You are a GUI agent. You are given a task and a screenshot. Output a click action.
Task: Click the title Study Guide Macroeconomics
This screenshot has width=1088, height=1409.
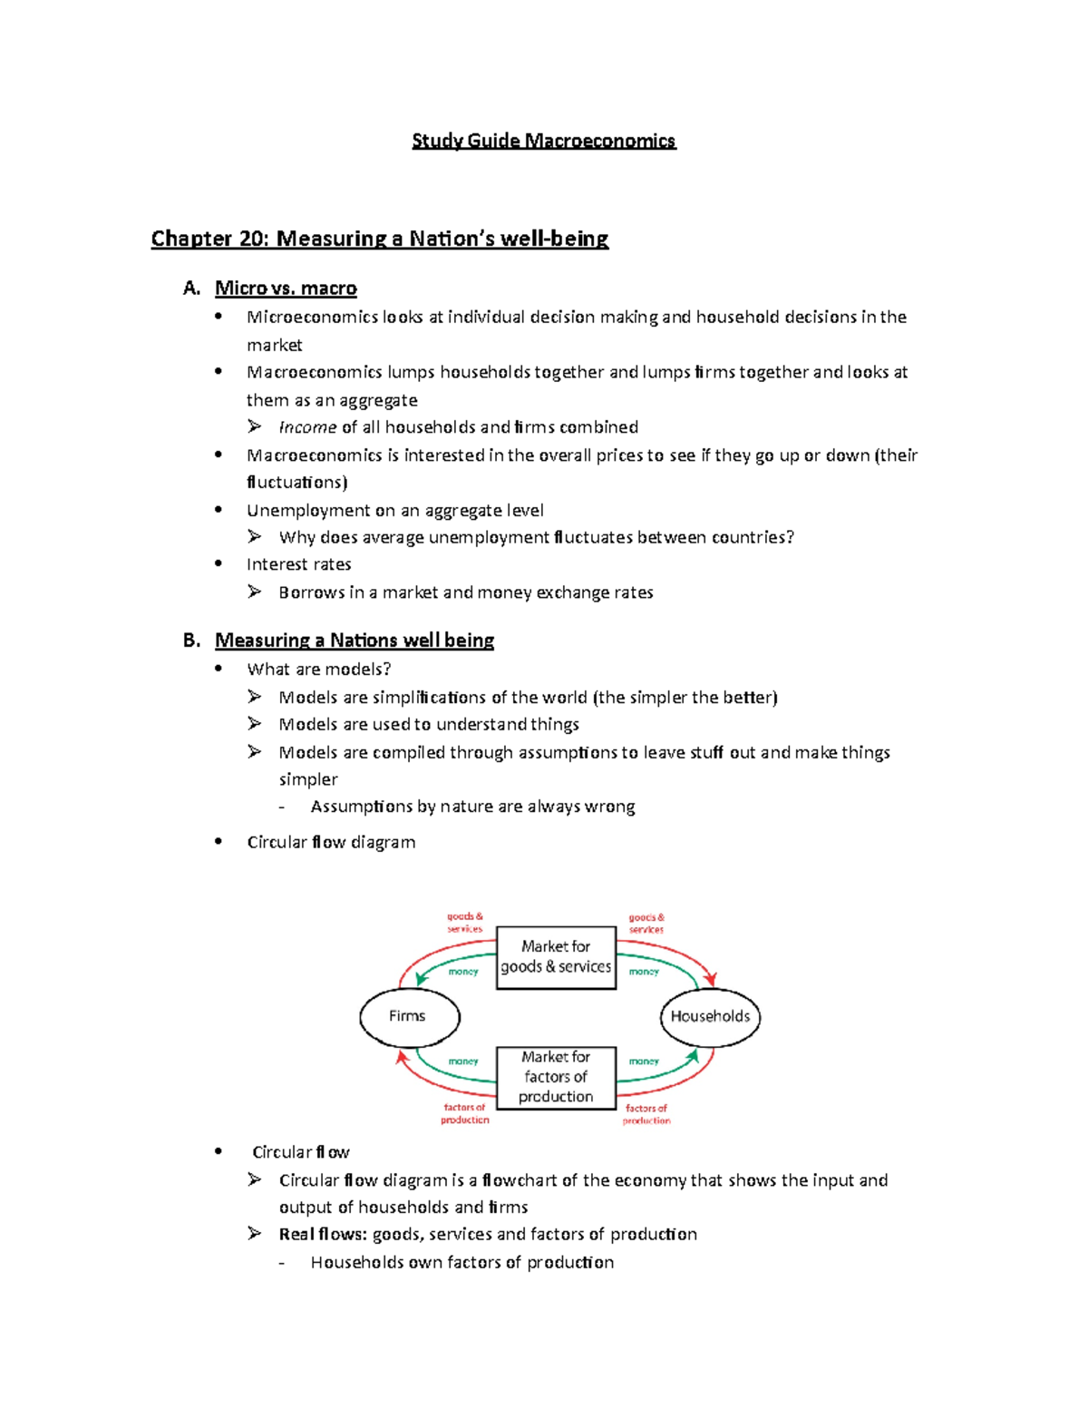tap(543, 141)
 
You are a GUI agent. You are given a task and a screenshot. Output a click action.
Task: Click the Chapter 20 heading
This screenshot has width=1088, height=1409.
tap(379, 239)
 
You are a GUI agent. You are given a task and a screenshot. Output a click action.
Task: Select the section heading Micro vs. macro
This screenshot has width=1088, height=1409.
tap(286, 289)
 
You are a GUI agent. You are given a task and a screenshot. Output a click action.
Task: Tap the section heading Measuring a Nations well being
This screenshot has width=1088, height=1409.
tap(354, 641)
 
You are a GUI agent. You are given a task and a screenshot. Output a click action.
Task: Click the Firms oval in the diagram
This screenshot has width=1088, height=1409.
tap(409, 1016)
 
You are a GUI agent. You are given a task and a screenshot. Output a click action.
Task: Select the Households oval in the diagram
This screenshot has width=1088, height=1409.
tap(710, 1017)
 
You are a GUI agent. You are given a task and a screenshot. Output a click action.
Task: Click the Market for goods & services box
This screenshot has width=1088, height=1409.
tap(556, 957)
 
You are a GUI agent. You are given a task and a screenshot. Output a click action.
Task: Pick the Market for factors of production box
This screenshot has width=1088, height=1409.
tap(556, 1077)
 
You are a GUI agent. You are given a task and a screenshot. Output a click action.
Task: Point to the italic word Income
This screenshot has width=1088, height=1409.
tap(307, 427)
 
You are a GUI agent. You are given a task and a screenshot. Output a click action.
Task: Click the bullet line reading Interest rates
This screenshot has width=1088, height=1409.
tap(298, 564)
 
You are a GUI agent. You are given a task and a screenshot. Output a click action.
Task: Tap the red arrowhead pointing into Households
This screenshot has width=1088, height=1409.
tap(711, 980)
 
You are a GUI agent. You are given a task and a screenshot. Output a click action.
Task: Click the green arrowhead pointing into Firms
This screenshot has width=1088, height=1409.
tap(421, 978)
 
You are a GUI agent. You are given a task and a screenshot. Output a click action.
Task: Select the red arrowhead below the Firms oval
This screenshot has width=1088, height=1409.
tap(402, 1056)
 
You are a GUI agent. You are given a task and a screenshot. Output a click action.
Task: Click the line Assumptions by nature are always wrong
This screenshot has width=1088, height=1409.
tap(472, 807)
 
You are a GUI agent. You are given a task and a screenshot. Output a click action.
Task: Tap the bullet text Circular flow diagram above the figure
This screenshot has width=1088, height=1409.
tap(331, 842)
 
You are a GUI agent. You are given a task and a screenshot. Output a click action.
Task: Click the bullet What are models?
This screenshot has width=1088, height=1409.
tap(318, 670)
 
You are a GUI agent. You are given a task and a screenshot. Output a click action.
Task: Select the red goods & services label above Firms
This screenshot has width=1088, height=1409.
tap(464, 923)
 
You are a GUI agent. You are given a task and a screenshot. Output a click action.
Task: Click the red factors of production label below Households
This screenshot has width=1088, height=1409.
tap(646, 1114)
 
